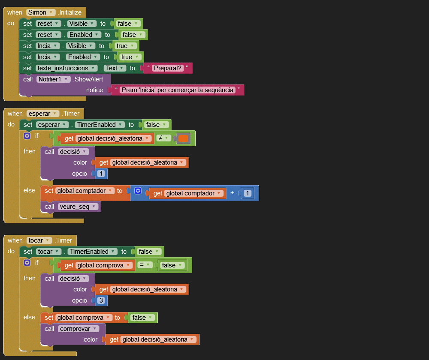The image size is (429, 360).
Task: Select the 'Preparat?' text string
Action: point(168,68)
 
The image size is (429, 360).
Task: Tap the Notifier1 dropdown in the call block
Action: point(54,79)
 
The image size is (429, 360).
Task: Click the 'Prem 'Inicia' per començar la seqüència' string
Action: point(178,90)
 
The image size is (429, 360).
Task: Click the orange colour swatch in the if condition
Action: point(184,138)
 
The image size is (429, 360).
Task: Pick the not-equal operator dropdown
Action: point(163,138)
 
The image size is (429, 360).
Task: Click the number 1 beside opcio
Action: point(101,174)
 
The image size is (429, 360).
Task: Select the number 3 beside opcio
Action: point(101,300)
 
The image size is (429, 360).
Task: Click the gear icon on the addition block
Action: point(138,191)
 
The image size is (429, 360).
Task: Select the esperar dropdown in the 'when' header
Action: point(43,114)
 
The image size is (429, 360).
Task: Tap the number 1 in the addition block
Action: point(247,193)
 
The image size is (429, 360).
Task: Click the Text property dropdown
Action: point(115,68)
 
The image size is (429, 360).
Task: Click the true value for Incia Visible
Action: point(125,46)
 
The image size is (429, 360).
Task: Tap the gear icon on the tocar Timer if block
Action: point(27,262)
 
